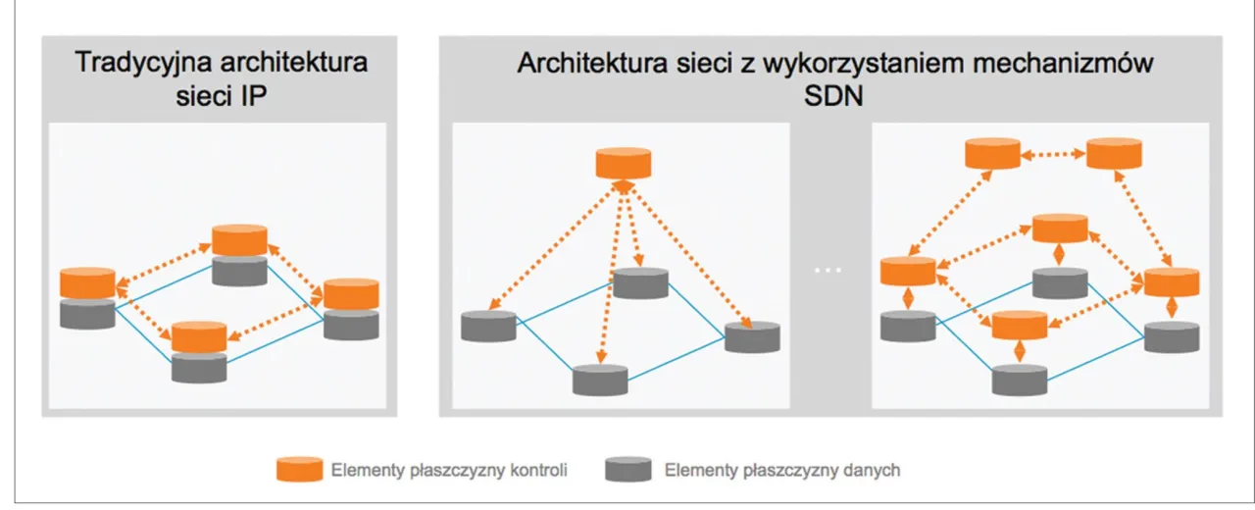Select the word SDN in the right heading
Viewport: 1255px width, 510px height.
coord(836,97)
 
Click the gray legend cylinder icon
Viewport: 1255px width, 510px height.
coord(628,469)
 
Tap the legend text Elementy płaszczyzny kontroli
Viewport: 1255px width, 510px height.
coord(449,470)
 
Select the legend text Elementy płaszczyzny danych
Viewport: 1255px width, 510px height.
coord(781,470)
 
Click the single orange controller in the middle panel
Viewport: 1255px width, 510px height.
coord(624,163)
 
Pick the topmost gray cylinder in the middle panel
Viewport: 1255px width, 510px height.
coord(640,283)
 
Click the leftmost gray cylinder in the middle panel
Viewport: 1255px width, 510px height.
coord(489,326)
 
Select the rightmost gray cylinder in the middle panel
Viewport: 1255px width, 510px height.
coord(752,335)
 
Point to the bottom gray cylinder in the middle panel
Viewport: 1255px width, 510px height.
coord(600,379)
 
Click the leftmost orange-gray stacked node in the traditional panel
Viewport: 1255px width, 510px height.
coord(87,297)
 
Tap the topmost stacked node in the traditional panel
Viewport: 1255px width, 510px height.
coord(239,255)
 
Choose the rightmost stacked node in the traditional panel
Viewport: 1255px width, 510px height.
coord(351,308)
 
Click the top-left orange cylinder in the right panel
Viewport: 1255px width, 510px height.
coord(992,154)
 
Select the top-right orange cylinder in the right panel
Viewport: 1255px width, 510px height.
coord(1114,154)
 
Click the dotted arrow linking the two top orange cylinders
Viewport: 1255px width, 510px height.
coord(1053,154)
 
